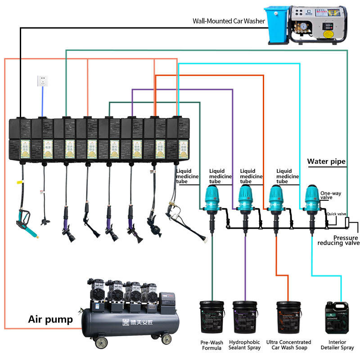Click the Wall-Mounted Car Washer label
tap(229, 21)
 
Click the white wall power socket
tap(42, 81)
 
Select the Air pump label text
tap(50, 319)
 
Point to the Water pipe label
tap(326, 161)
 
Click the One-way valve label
tap(331, 195)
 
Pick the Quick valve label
tap(336, 214)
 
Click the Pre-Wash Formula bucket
tap(212, 318)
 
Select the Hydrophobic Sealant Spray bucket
tap(245, 318)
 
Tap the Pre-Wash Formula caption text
tap(212, 345)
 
